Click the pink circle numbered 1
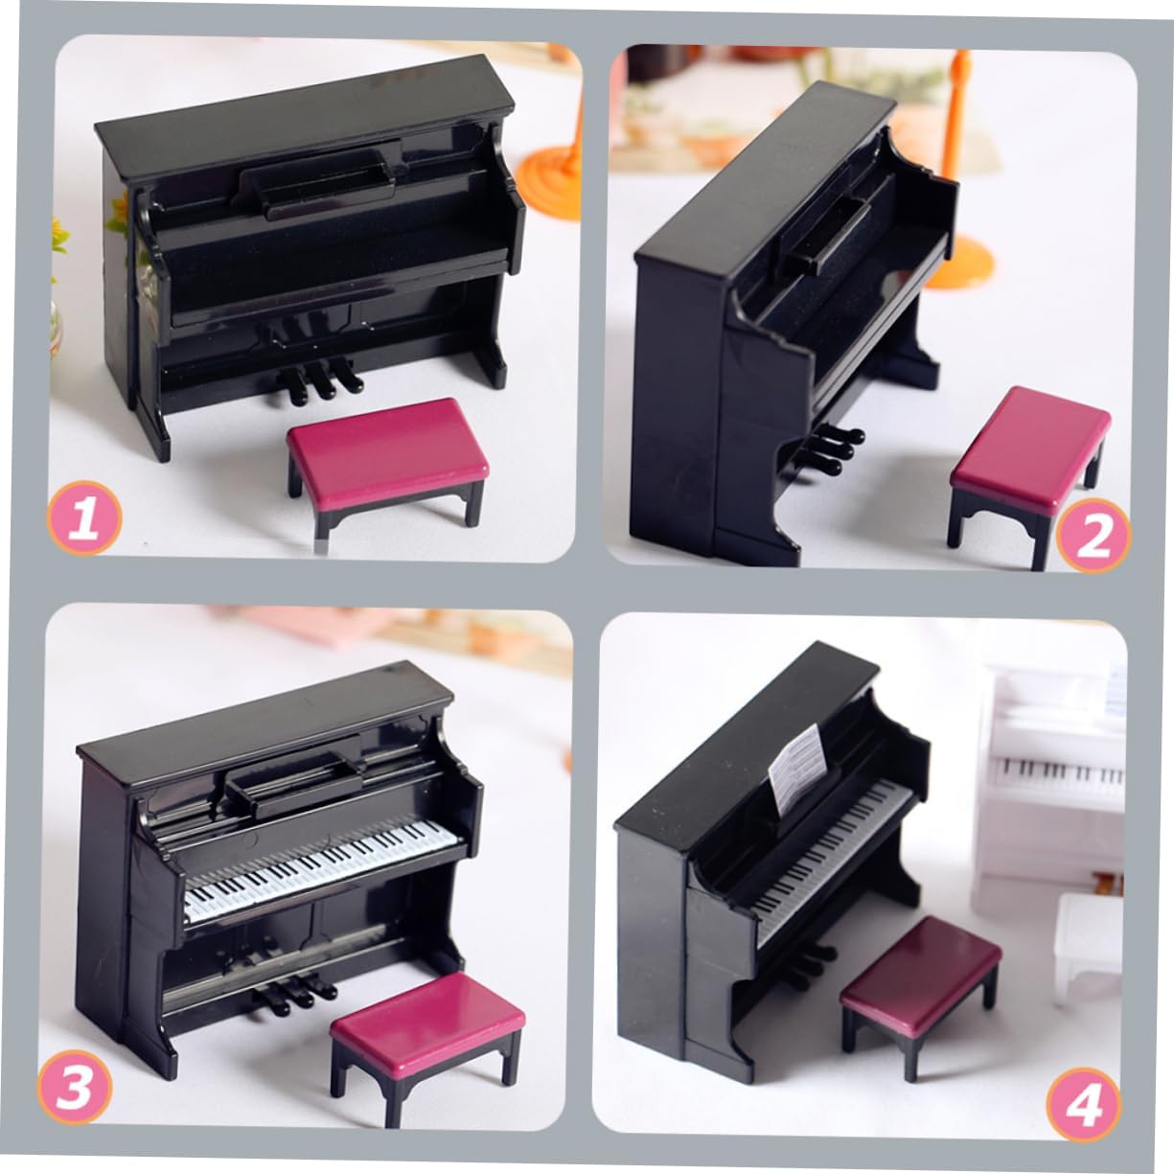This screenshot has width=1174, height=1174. tap(84, 518)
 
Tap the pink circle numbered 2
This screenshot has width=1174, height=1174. tap(1093, 536)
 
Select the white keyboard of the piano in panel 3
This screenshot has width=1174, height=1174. tap(321, 870)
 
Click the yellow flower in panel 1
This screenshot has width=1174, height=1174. tap(59, 235)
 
